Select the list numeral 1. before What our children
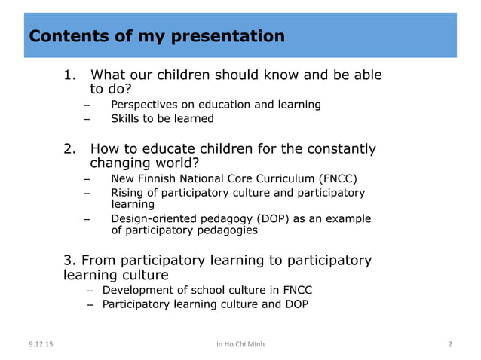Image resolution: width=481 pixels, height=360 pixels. coord(70,75)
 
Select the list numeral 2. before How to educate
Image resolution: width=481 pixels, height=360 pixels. coord(70,149)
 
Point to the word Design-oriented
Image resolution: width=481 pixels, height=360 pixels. coord(155,219)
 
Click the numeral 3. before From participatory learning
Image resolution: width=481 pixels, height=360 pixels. coord(69,261)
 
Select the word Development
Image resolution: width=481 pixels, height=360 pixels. coord(136,290)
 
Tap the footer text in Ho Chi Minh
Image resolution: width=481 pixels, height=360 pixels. coord(240,345)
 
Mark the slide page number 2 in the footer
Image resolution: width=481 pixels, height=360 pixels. coord(450,345)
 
